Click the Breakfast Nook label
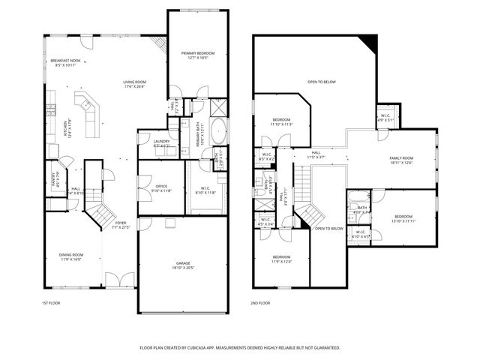[65, 61]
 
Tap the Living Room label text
[134, 82]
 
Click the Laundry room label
[161, 140]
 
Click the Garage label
[184, 262]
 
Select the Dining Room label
[71, 255]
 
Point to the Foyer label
[120, 223]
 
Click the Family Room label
[401, 158]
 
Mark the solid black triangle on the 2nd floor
[366, 42]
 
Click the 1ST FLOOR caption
[50, 303]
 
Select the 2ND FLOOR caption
[260, 303]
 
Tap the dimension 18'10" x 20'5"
[184, 268]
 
